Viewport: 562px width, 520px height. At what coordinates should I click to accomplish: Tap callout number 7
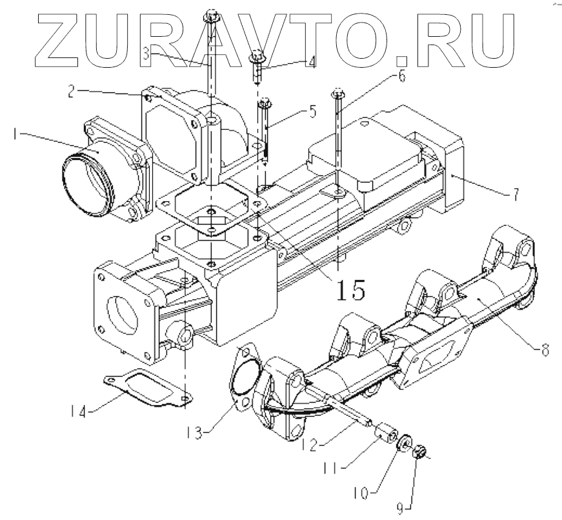tap(514, 195)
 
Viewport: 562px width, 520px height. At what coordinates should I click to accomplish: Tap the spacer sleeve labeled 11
tap(386, 430)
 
